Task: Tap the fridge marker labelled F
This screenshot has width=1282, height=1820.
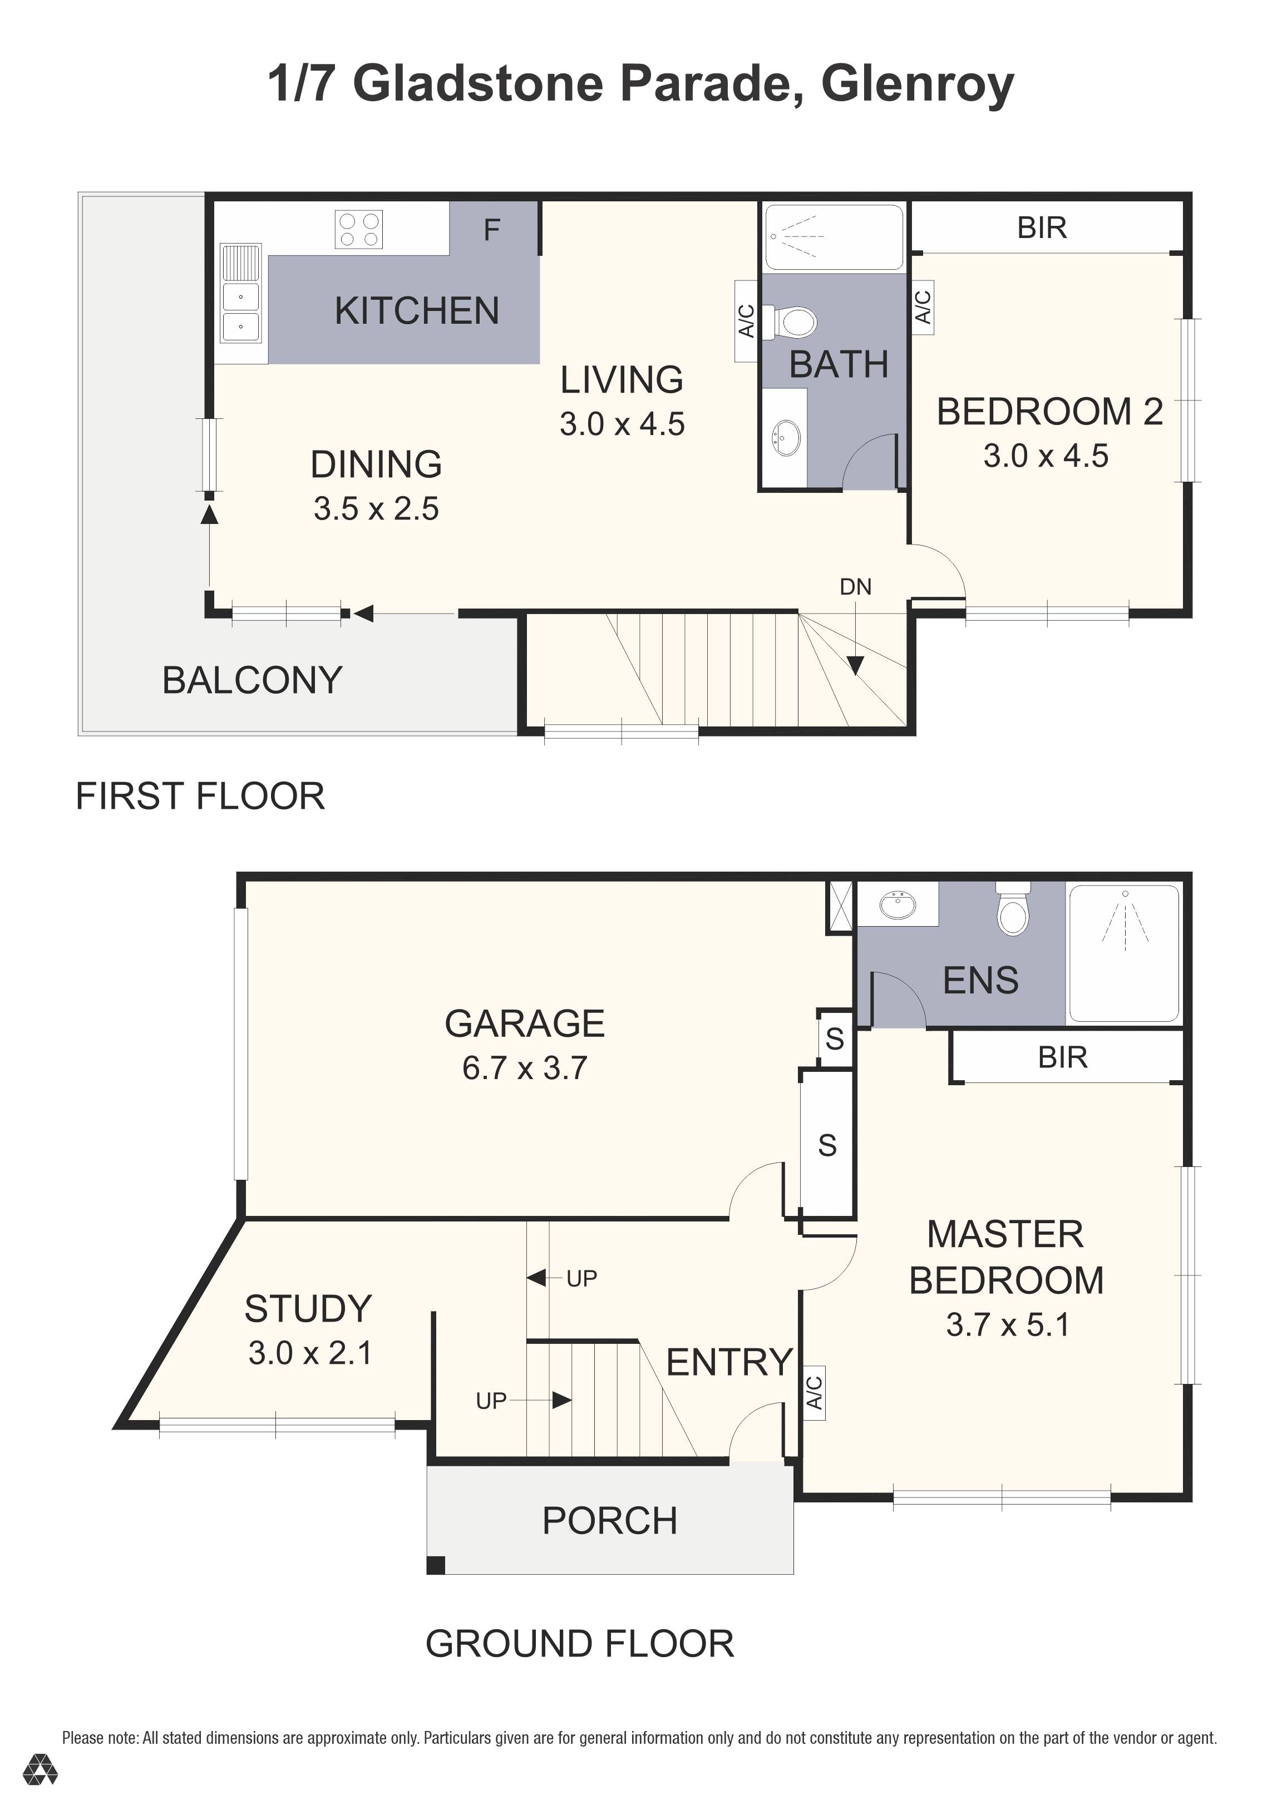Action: [x=491, y=230]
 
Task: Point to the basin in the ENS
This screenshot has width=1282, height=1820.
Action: [x=898, y=904]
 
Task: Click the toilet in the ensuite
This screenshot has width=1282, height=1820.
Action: [x=1013, y=910]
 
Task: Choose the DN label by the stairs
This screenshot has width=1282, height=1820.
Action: [x=855, y=587]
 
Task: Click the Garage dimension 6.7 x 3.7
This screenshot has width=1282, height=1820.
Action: [x=524, y=1068]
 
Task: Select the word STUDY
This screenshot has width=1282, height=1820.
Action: [x=308, y=1309]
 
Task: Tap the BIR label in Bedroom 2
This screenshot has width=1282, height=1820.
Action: [x=1042, y=227]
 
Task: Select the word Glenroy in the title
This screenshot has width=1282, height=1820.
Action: [x=918, y=85]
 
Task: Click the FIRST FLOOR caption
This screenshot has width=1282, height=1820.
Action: [x=200, y=796]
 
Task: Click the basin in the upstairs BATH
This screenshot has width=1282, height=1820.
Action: [x=787, y=438]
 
